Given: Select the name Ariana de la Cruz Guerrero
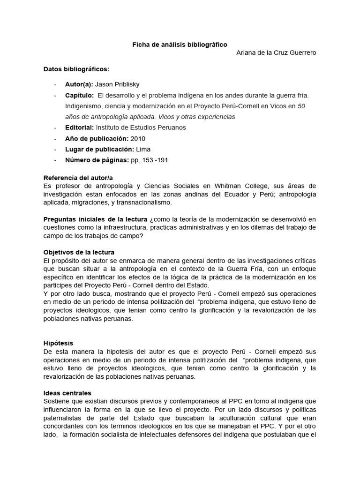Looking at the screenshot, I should click(276, 52).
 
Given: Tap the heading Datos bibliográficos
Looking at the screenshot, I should click(76, 69).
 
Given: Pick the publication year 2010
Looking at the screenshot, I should click(138, 138).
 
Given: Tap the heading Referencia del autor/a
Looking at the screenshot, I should click(78, 178).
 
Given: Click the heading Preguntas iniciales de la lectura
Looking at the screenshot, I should click(96, 219).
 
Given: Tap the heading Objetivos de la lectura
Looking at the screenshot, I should click(79, 252).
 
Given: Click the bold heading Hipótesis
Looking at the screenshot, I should click(59, 343).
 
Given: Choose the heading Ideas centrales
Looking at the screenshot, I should click(67, 393).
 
